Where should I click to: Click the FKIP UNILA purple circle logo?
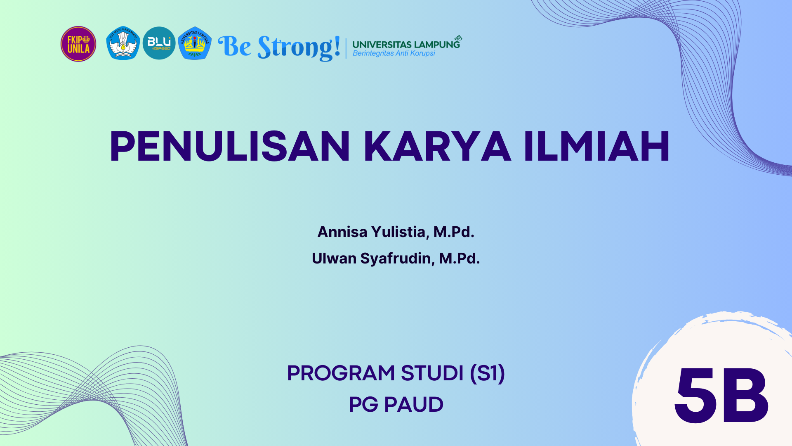click(78, 44)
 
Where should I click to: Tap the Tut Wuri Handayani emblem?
click(123, 43)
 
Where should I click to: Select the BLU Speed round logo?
click(159, 43)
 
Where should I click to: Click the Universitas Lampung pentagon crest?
click(195, 43)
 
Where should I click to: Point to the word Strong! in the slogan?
click(299, 47)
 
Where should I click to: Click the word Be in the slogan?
click(234, 46)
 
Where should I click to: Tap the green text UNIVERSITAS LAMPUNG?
click(406, 45)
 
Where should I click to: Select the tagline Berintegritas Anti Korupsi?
click(394, 53)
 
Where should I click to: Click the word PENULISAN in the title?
click(230, 146)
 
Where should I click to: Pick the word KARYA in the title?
click(437, 146)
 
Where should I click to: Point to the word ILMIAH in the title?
click(596, 146)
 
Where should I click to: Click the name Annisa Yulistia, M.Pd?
click(396, 232)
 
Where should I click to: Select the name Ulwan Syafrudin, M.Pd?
click(396, 259)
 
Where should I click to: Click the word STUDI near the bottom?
click(432, 373)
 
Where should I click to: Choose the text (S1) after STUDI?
click(488, 373)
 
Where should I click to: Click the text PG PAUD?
click(396, 405)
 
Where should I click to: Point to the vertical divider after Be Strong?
click(346, 48)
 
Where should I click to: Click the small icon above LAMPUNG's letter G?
click(458, 38)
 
